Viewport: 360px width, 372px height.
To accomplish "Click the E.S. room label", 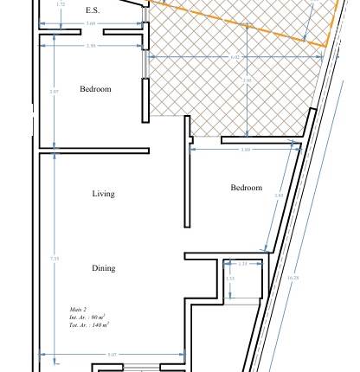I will click(93, 10).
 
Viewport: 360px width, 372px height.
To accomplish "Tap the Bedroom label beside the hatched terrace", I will click(95, 89).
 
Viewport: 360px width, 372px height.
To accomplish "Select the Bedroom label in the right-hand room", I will click(246, 188).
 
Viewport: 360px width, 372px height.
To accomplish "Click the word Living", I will click(103, 194).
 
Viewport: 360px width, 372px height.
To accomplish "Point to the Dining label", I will click(103, 268).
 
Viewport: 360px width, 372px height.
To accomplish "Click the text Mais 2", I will click(78, 309).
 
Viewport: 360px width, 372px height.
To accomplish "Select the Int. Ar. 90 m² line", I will click(87, 317).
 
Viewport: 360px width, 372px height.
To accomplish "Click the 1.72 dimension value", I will click(60, 4).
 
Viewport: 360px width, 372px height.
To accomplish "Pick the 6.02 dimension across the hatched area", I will click(234, 57).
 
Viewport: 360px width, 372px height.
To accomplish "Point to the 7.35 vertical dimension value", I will click(55, 258).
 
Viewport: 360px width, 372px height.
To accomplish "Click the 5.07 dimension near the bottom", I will click(112, 355).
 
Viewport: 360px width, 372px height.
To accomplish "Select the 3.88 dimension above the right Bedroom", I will click(246, 150).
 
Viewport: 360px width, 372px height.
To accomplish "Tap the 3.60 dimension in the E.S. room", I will click(91, 24).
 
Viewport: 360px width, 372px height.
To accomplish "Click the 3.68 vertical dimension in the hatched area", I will click(247, 80).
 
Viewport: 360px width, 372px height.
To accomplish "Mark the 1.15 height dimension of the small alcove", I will click(229, 279).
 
